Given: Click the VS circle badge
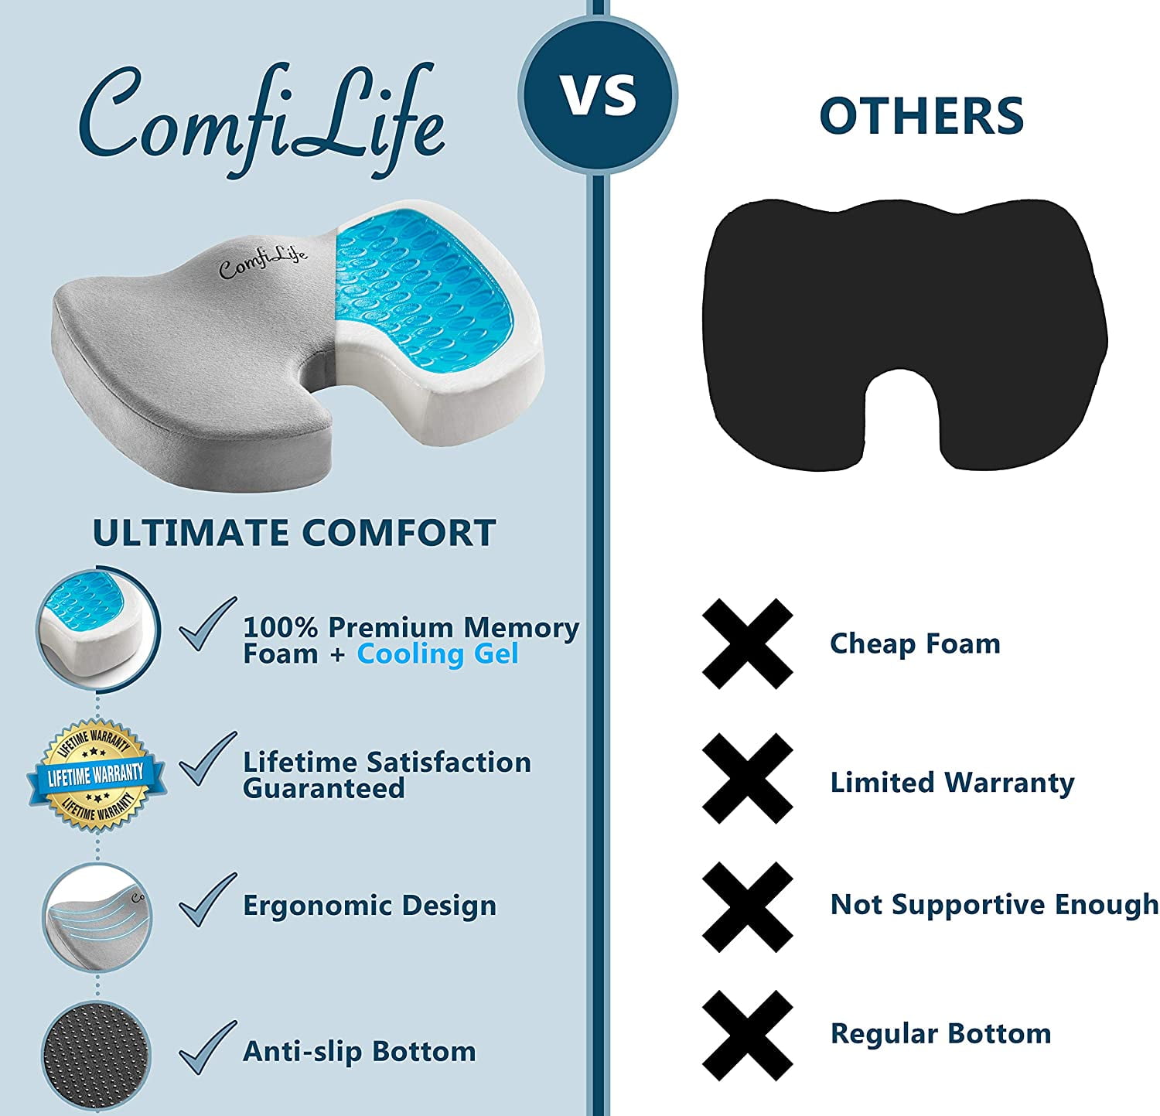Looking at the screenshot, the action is [598, 95].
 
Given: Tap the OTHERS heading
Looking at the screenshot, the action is [922, 116].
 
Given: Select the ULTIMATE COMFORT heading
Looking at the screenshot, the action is [294, 532].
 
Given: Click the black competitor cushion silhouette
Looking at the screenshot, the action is [906, 333].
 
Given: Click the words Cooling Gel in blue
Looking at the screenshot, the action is [437, 654].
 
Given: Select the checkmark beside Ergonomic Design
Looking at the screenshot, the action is [207, 899].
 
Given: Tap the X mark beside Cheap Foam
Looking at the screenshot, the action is [747, 643].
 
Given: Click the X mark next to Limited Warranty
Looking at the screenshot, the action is [747, 779].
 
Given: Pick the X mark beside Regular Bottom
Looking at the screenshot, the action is [747, 1036].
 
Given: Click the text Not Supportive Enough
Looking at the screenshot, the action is [995, 905].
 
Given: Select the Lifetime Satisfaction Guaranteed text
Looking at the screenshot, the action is [387, 775].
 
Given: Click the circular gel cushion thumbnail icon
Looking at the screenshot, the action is [98, 628].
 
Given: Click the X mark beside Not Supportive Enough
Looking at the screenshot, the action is [747, 907].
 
